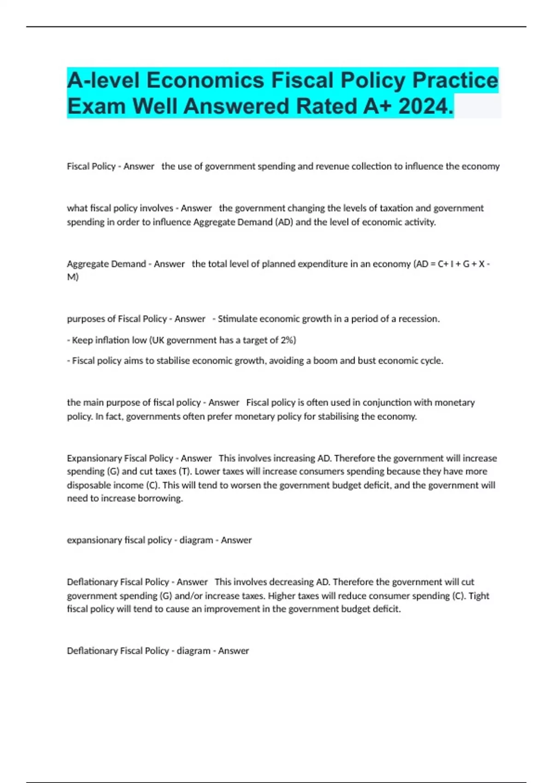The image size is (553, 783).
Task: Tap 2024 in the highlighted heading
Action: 425,106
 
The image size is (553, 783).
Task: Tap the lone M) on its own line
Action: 73,277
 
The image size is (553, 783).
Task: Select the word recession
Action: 418,319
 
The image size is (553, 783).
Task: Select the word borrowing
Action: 163,498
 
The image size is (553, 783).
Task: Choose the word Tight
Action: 479,596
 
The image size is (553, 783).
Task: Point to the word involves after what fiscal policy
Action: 158,208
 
